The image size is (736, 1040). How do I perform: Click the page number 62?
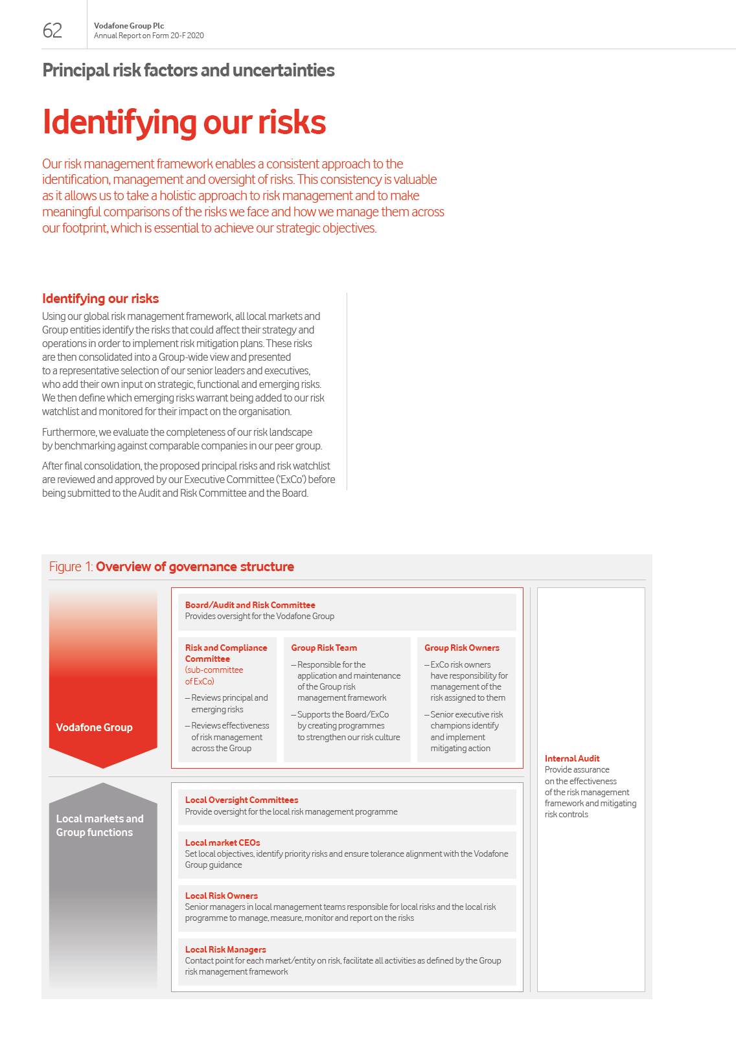(52, 30)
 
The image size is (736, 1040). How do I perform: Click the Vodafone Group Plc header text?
(129, 26)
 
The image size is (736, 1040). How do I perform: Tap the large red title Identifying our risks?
(184, 122)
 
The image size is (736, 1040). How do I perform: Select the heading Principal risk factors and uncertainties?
(189, 70)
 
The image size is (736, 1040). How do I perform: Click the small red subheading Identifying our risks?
(100, 299)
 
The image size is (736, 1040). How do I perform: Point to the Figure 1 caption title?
(172, 567)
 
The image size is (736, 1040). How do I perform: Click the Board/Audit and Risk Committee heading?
(250, 605)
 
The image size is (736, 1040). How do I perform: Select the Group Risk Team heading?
(324, 648)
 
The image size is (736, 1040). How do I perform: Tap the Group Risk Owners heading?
(462, 648)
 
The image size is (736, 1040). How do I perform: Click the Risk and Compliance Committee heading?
(225, 653)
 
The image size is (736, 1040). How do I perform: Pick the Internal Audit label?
(572, 758)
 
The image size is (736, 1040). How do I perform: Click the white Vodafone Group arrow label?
(94, 727)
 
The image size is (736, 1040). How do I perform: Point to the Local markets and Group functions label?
(100, 826)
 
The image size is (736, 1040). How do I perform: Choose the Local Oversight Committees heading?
(242, 800)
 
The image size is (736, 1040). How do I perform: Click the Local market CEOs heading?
(222, 842)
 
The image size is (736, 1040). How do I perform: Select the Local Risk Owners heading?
(222, 896)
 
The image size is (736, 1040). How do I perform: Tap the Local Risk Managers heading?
(225, 949)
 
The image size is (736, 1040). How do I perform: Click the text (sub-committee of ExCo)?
(214, 675)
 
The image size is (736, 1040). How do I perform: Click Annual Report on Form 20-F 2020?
(149, 36)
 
